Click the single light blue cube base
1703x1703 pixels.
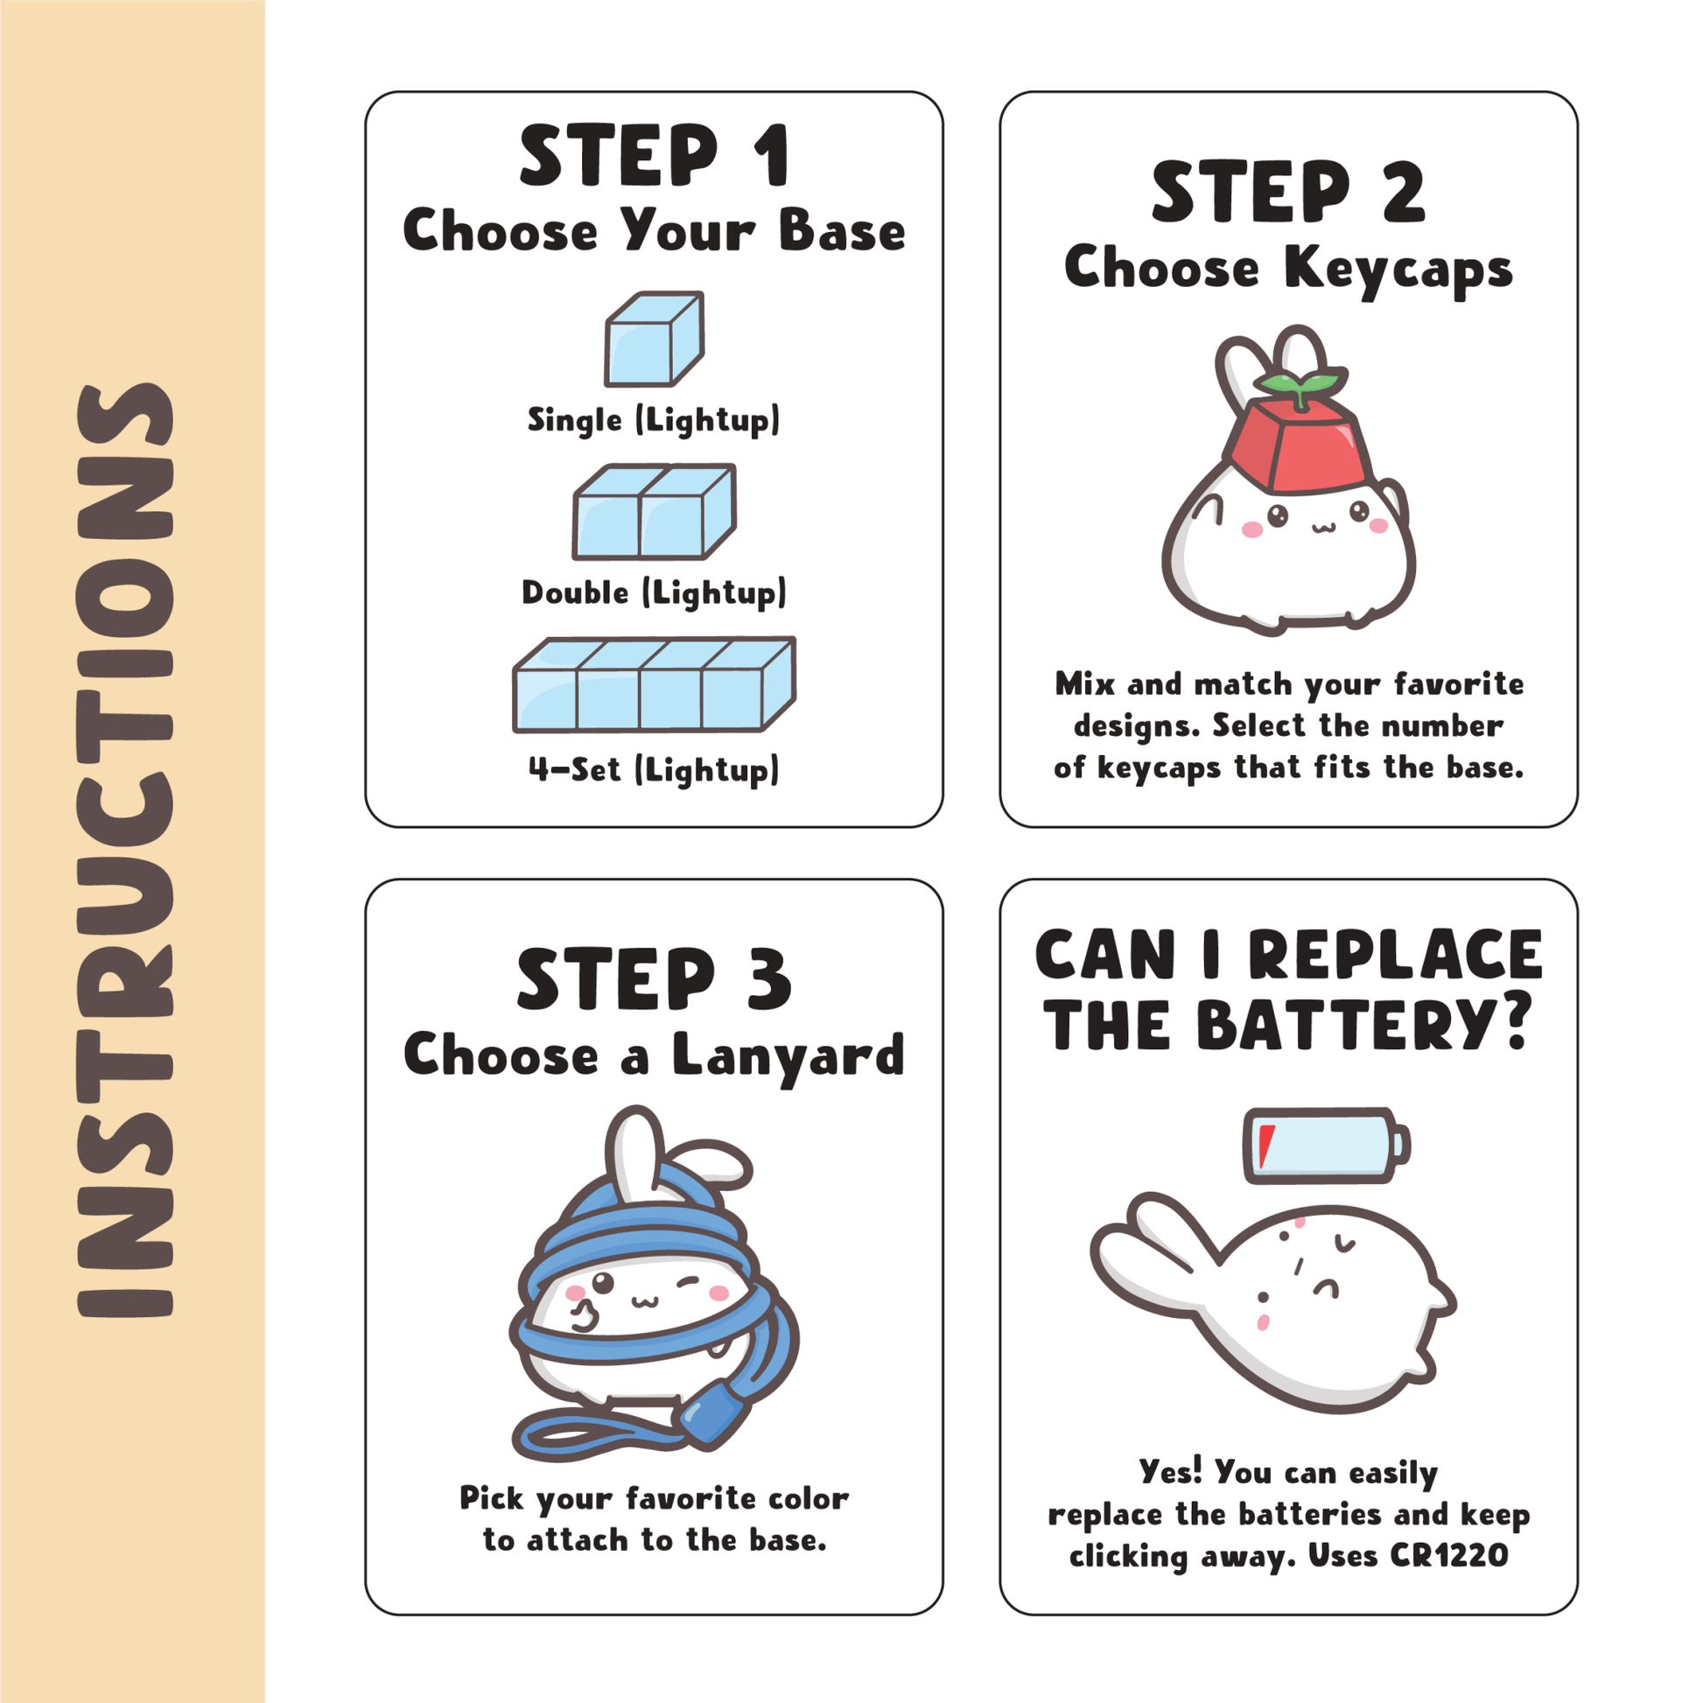point(654,340)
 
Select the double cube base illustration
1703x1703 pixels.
point(654,512)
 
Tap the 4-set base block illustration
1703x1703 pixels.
point(654,685)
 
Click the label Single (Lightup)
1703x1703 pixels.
point(654,419)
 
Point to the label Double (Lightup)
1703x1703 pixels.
point(654,592)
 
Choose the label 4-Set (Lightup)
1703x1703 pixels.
point(654,768)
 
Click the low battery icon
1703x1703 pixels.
point(1327,1145)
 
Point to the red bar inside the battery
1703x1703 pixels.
point(1265,1146)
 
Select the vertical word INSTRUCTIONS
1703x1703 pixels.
point(124,851)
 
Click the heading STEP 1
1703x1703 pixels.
point(654,155)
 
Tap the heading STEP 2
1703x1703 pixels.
point(1289,192)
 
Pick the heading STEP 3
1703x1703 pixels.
point(654,978)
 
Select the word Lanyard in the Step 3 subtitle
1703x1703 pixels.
point(788,1056)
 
